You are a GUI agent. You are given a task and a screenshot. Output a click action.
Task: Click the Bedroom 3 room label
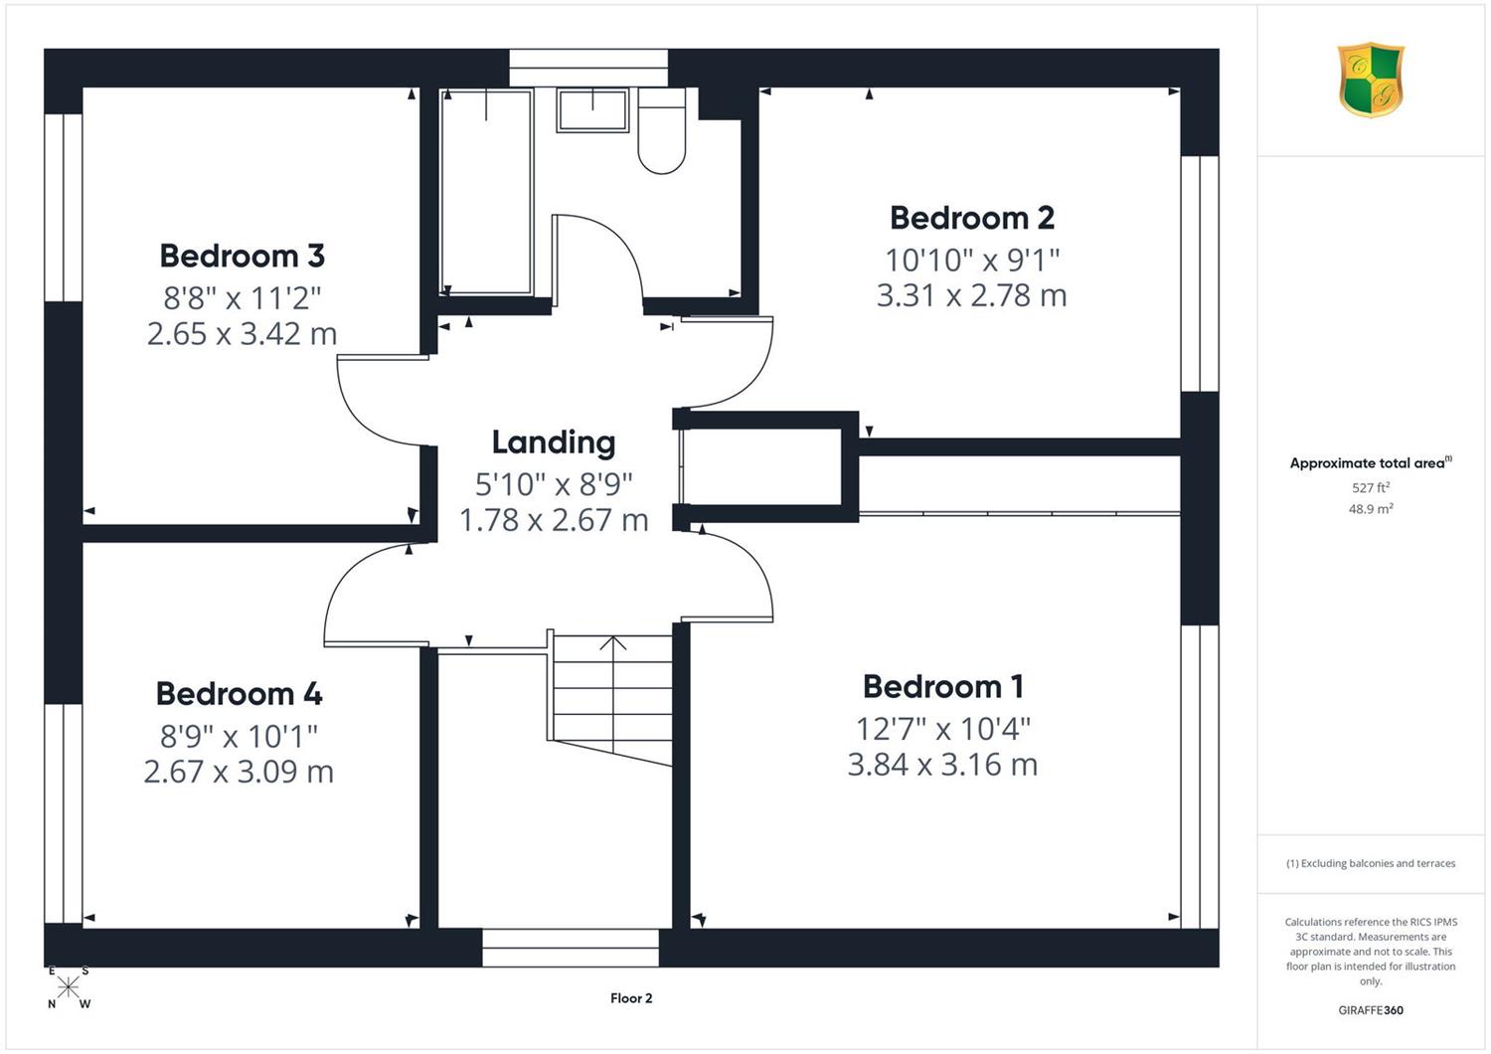tap(243, 257)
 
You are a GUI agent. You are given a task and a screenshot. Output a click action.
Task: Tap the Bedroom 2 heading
tap(972, 219)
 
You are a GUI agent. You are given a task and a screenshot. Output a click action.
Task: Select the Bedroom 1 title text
tap(942, 687)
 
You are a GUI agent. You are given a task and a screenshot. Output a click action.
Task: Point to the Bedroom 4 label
tap(239, 694)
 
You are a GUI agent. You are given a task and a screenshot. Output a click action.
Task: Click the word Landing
tap(553, 443)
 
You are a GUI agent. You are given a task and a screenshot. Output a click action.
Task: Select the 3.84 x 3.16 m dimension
tap(942, 765)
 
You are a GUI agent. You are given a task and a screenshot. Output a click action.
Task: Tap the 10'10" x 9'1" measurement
tap(972, 260)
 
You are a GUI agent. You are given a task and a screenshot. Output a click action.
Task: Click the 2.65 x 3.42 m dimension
tap(243, 333)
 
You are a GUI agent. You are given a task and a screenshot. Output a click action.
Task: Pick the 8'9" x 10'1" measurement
tap(239, 737)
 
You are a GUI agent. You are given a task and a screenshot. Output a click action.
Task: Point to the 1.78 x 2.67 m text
tap(553, 520)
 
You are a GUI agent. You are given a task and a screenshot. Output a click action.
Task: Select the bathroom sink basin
tap(593, 109)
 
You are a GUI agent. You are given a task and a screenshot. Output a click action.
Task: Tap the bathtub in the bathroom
tap(487, 192)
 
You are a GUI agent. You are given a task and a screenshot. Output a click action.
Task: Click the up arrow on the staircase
tap(613, 643)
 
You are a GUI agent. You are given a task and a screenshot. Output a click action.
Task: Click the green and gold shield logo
tap(1371, 80)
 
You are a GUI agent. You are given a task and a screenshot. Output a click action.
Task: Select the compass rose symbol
tap(68, 986)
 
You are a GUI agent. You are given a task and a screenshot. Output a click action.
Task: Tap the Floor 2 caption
tap(631, 998)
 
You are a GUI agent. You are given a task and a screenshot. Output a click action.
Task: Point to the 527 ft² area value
tap(1371, 487)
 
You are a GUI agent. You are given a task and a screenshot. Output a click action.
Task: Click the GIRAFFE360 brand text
tap(1371, 1010)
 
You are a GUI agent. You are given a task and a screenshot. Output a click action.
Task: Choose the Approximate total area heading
tap(1371, 462)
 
